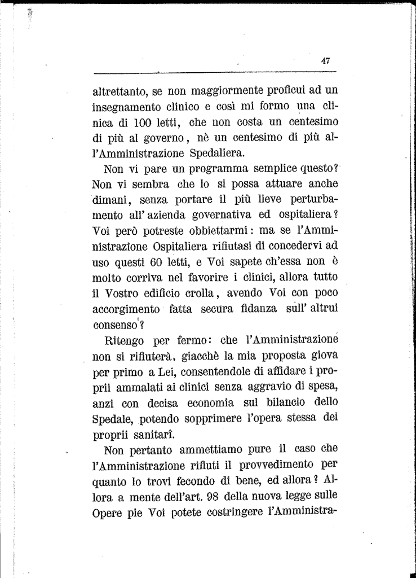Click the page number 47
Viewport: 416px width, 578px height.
(x=326, y=61)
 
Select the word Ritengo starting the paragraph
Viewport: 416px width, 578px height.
(x=125, y=341)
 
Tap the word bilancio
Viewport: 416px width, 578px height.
(x=284, y=403)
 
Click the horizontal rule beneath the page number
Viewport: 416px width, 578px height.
(x=214, y=72)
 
